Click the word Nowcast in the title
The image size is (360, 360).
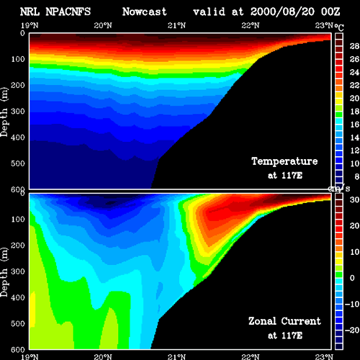145,12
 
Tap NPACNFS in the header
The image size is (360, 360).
68,12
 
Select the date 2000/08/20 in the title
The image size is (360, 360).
282,12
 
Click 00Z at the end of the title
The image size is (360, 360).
330,12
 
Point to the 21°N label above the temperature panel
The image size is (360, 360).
176,25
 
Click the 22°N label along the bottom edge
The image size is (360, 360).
251,357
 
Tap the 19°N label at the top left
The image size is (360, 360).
30,25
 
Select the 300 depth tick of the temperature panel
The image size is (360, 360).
18,111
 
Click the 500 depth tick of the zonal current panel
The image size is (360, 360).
18,323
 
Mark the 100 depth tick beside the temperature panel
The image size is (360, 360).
18,59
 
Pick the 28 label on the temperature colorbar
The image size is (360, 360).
354,46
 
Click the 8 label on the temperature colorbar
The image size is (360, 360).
357,176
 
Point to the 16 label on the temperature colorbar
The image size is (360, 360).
354,125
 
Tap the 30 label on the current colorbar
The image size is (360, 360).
354,199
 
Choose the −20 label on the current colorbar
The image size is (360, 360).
352,330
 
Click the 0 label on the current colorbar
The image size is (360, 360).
352,278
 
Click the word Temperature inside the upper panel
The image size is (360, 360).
284,161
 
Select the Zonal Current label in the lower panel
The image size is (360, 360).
284,321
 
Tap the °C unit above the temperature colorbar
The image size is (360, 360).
339,27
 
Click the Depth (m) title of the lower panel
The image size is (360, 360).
4,272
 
